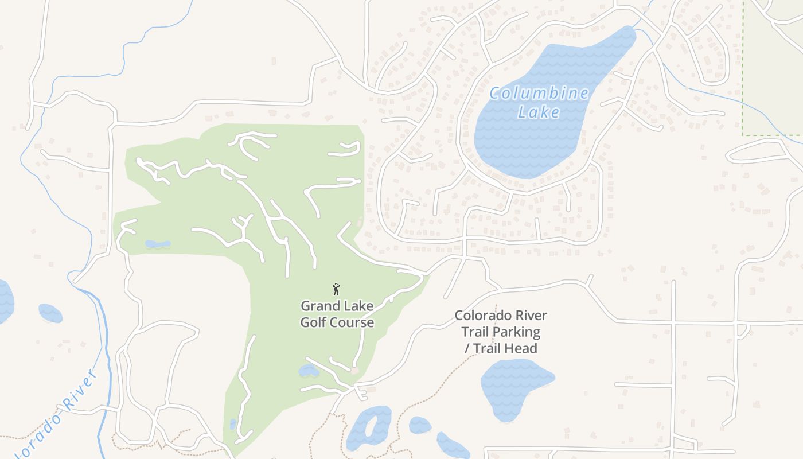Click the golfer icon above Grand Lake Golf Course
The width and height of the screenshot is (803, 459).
(x=337, y=289)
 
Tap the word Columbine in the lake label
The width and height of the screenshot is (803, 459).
(x=539, y=94)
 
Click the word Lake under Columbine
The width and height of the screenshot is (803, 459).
(x=539, y=112)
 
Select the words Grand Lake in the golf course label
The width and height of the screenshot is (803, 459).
(x=337, y=306)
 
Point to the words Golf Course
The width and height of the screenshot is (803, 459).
(x=337, y=322)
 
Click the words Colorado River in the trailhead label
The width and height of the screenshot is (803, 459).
(x=501, y=316)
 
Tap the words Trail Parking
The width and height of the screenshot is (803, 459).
(x=501, y=332)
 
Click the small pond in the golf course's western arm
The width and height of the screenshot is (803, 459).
(x=158, y=244)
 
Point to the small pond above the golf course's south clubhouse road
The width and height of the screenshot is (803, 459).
(x=309, y=371)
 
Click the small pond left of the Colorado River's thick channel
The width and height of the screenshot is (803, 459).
(x=50, y=313)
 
